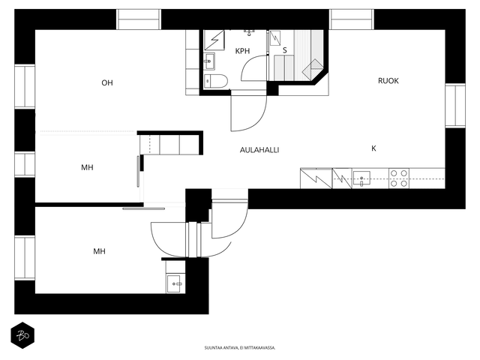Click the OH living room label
[x=107, y=83]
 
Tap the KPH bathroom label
[x=242, y=51]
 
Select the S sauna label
[x=285, y=50]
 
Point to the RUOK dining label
[x=388, y=81]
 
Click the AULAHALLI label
[x=259, y=150]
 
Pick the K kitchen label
[x=373, y=148]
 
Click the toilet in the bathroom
[x=216, y=82]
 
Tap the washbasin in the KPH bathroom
[x=209, y=61]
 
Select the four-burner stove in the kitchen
[x=399, y=178]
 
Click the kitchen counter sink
[x=361, y=178]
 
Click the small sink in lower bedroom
[x=173, y=283]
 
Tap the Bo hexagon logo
[x=22, y=335]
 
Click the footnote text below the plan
[x=240, y=348]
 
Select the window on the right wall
[x=455, y=105]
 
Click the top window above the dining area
[x=352, y=19]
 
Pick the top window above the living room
[x=139, y=19]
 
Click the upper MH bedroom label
[x=87, y=168]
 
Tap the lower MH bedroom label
[x=99, y=252]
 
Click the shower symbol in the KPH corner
[x=214, y=40]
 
